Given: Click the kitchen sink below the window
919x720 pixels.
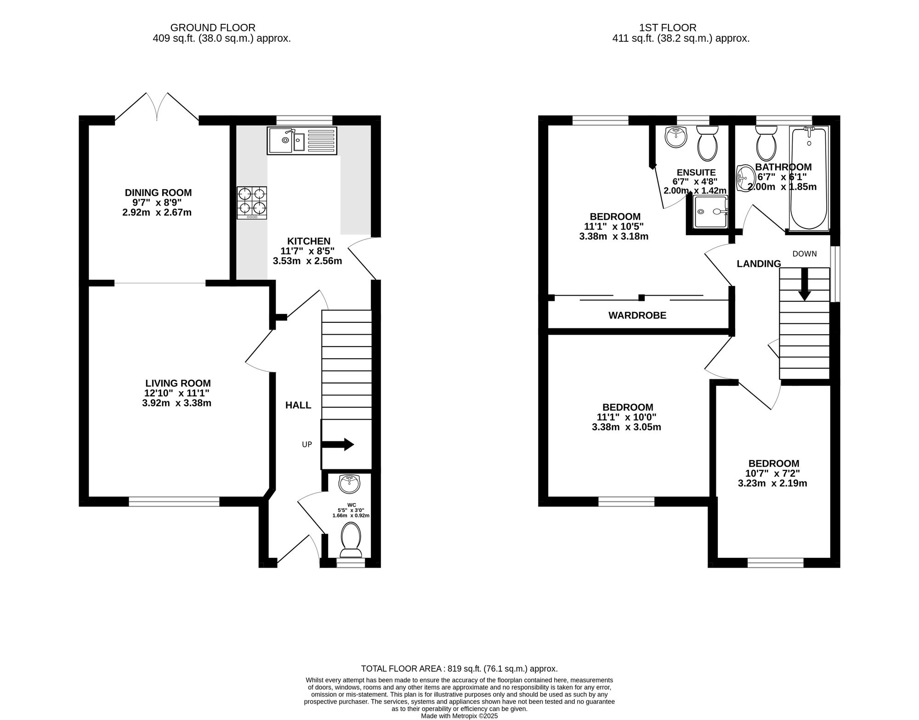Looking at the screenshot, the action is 302,141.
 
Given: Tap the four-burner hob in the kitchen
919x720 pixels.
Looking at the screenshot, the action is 252,202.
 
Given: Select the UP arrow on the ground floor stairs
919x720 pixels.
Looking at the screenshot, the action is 337,444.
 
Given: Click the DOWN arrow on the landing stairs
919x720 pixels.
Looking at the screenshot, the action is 804,284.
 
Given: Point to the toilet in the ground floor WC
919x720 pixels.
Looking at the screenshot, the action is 351,539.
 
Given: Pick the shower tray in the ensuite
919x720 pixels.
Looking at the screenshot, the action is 711,212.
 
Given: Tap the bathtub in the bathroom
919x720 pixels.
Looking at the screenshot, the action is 809,178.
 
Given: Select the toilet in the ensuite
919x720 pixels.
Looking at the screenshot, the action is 708,143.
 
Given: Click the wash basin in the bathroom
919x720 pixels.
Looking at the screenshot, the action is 744,178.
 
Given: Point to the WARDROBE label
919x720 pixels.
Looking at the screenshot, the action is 637,315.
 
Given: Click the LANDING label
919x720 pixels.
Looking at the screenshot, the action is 759,264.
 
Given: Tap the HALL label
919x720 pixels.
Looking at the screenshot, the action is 298,405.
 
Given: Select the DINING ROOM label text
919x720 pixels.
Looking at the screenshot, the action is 159,193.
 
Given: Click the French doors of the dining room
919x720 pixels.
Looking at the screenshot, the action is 157,107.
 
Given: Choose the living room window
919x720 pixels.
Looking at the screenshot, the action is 174,501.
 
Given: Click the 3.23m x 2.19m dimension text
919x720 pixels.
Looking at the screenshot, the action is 772,483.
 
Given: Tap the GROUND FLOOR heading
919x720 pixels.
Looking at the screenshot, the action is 213,28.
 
